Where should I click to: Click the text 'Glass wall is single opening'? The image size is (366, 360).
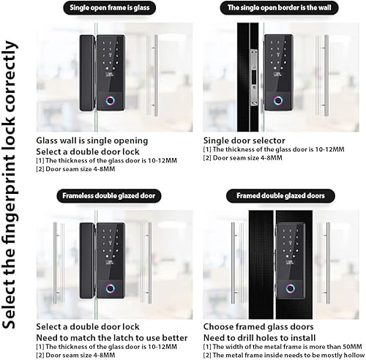pyautogui.click(x=92, y=140)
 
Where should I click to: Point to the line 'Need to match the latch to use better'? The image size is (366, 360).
pyautogui.click(x=111, y=337)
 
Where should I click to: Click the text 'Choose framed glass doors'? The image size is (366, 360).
pyautogui.click(x=258, y=326)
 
